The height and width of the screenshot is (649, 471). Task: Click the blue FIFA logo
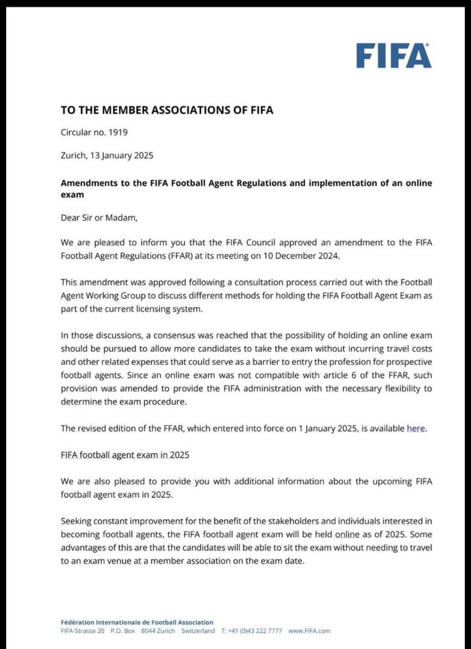(x=393, y=55)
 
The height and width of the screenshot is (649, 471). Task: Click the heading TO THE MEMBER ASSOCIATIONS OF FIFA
(x=167, y=110)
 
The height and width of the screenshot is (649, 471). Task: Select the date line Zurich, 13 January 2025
(x=107, y=155)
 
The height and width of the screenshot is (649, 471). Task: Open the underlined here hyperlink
(x=416, y=428)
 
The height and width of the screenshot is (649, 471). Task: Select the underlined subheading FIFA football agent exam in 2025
(x=125, y=455)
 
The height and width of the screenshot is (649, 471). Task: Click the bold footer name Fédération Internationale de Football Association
(x=137, y=623)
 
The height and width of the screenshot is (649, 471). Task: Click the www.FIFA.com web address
(x=309, y=631)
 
